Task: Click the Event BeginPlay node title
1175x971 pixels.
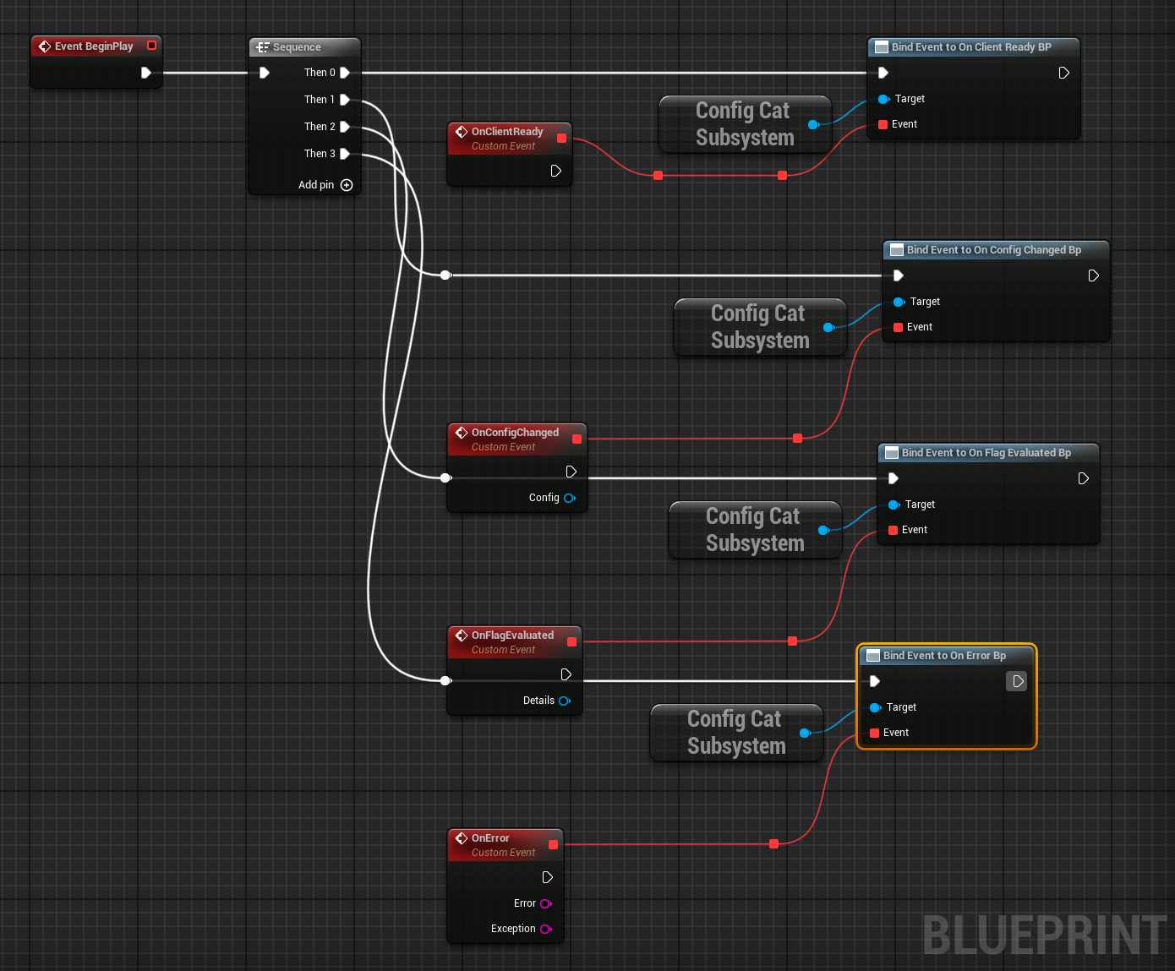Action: pyautogui.click(x=93, y=46)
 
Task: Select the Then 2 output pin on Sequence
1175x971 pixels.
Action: pyautogui.click(x=345, y=127)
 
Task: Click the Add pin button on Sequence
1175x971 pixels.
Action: pyautogui.click(x=346, y=185)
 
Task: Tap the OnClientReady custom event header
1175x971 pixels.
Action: pyautogui.click(x=506, y=132)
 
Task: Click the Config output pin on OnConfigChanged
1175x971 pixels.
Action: pyautogui.click(x=570, y=498)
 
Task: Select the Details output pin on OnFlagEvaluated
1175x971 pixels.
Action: pyautogui.click(x=565, y=701)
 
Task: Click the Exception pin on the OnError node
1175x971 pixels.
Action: pyautogui.click(x=546, y=929)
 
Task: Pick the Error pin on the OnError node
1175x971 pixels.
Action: pyautogui.click(x=546, y=903)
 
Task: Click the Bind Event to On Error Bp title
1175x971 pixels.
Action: pyautogui.click(x=944, y=656)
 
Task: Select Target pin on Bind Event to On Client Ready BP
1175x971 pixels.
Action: pyautogui.click(x=883, y=99)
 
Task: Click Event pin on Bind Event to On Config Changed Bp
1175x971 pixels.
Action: pyautogui.click(x=899, y=327)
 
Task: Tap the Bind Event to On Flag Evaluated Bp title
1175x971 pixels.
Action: pyautogui.click(x=986, y=453)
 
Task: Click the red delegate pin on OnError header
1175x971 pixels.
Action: pyautogui.click(x=554, y=844)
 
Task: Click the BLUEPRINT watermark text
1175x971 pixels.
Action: pyautogui.click(x=1045, y=936)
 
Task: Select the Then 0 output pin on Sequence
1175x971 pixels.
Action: pyautogui.click(x=345, y=73)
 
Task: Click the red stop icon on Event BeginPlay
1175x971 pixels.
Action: pyautogui.click(x=152, y=46)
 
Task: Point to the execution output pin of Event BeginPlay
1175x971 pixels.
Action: pyautogui.click(x=146, y=73)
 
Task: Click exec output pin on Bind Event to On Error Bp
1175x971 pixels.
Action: pyautogui.click(x=1018, y=681)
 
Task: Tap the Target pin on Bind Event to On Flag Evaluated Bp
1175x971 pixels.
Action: pyautogui.click(x=894, y=505)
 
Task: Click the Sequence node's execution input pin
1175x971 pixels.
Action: pyautogui.click(x=265, y=73)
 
